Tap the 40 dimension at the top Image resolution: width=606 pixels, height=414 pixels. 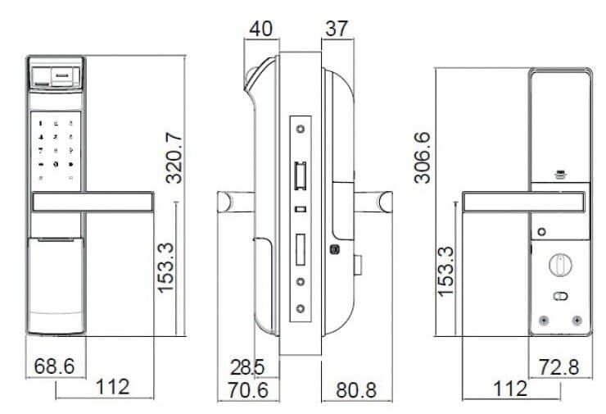260,28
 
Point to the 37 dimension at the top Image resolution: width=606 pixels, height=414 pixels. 337,28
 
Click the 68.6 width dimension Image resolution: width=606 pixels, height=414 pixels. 54,365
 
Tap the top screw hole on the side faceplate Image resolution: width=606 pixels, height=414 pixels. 301,129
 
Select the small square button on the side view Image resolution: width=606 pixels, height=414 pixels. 334,249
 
